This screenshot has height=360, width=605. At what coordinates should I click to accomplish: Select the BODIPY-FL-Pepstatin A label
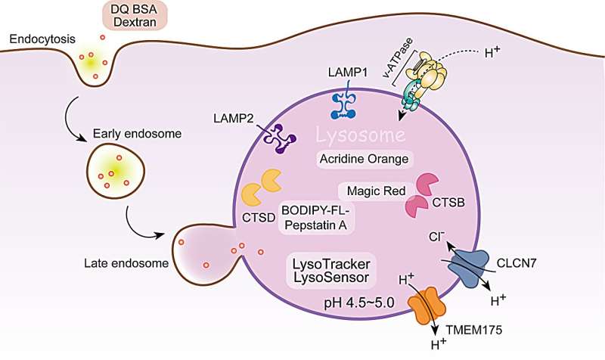point(315,218)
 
